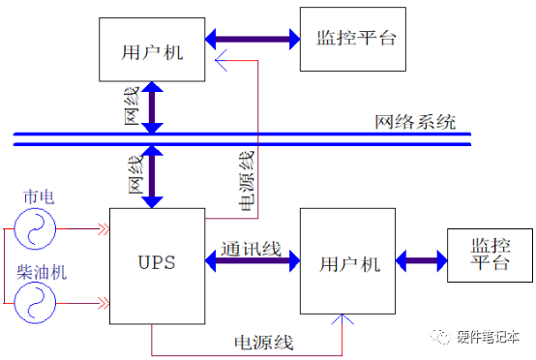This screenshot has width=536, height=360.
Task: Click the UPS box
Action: coord(157,262)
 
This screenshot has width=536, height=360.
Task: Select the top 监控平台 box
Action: coord(356,39)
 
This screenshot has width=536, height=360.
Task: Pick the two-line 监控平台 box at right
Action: coord(489,256)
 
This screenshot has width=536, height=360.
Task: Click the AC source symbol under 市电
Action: coord(35,230)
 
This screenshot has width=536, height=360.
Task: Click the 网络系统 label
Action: coord(415,124)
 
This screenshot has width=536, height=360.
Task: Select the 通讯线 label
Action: coord(250,249)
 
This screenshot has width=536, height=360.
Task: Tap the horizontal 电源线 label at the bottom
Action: coord(263,342)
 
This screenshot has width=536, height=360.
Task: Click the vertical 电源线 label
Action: coord(247,179)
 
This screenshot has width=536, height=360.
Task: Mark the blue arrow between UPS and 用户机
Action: coord(253,262)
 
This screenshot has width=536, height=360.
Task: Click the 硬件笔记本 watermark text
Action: coord(488,336)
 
